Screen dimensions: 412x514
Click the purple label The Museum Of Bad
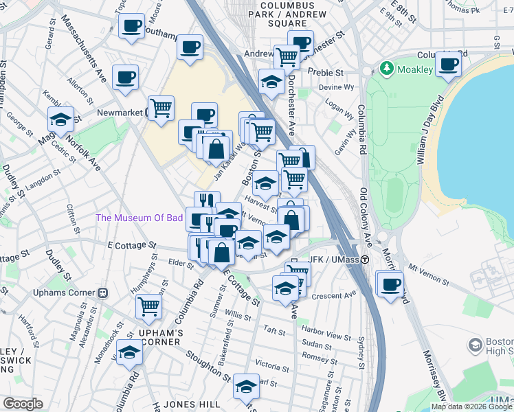click(x=139, y=218)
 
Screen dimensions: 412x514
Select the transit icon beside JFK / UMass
click(x=366, y=260)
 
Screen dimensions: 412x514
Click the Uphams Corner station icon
click(x=102, y=293)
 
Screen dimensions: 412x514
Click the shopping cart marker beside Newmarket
click(x=161, y=107)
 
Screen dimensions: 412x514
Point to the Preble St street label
click(x=326, y=72)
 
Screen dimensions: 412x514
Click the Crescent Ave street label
click(x=334, y=296)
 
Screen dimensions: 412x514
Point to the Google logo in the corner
click(x=23, y=404)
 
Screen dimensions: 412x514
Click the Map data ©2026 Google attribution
click(x=471, y=407)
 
